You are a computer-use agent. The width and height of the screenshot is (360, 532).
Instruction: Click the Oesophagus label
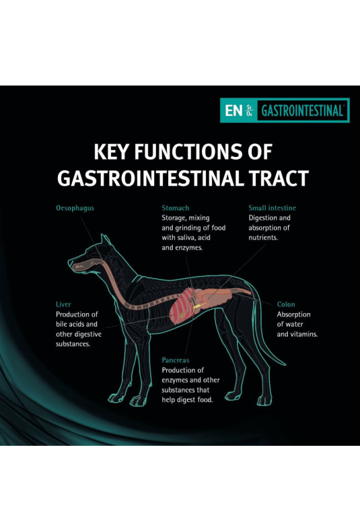click(75, 208)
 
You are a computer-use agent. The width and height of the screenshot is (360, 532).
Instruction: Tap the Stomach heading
click(175, 208)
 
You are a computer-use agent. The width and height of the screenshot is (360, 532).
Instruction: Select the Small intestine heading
click(273, 208)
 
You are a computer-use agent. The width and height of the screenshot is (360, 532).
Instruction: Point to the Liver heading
click(63, 304)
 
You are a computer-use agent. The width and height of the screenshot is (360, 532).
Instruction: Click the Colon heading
click(286, 304)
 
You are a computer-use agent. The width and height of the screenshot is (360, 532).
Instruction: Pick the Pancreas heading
click(176, 360)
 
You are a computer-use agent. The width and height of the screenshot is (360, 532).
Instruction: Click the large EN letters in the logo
click(234, 110)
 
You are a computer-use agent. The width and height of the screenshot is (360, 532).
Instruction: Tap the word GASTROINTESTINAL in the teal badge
click(302, 110)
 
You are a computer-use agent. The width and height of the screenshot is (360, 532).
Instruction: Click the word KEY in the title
click(112, 152)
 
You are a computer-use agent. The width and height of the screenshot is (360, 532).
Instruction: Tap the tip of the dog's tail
click(284, 365)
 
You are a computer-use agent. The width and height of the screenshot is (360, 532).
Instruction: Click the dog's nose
click(70, 262)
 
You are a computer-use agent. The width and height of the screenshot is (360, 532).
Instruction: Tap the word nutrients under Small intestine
click(263, 238)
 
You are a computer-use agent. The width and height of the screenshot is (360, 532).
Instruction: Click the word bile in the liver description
click(62, 324)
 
